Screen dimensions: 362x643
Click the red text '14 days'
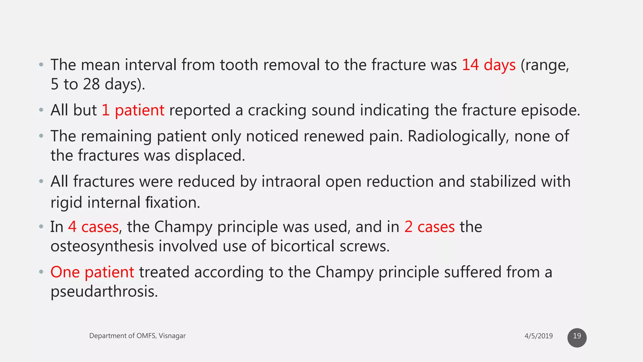489,65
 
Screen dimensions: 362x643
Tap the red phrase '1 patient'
133,110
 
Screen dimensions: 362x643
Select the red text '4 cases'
93,227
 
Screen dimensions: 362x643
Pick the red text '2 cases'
429,227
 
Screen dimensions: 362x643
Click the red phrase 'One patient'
92,272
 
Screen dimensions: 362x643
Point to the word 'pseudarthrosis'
104,292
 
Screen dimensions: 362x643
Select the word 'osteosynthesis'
102,246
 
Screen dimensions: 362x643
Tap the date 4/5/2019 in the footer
538,336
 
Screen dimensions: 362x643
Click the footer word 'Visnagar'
172,336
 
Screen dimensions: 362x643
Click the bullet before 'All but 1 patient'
41,110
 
